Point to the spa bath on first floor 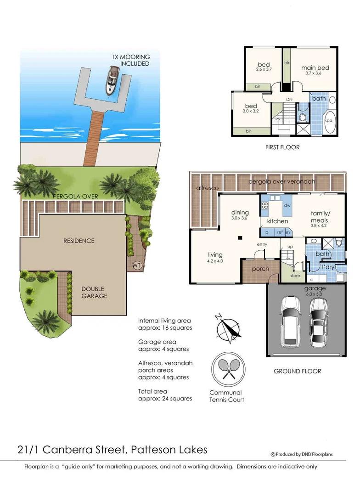point(329,120)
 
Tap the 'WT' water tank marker point(137,265)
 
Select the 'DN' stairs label point(289,99)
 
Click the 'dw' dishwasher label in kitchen point(287,205)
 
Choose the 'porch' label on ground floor point(260,269)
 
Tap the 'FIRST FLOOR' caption point(282,147)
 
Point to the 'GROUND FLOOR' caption point(297,371)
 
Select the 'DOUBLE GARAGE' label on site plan point(95,293)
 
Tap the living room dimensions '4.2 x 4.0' point(215,261)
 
